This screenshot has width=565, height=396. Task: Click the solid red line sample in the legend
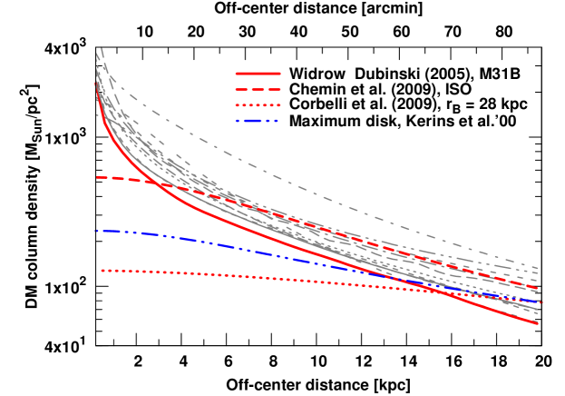tap(258, 74)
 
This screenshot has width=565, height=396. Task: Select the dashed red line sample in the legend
tap(258, 89)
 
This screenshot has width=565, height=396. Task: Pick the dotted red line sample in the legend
tap(258, 104)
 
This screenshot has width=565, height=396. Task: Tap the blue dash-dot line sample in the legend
tap(258, 120)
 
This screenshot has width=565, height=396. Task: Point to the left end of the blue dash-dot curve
tap(95, 231)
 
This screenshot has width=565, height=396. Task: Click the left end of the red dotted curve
tap(102, 270)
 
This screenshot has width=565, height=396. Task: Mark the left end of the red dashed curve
tap(96, 177)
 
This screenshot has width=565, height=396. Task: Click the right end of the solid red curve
tap(538, 322)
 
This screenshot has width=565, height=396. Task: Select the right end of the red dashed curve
tap(538, 289)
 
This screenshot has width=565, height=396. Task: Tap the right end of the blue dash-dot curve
tap(541, 302)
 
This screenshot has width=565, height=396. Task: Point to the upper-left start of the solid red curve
tap(95, 82)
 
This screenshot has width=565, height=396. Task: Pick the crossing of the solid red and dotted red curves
tap(444, 291)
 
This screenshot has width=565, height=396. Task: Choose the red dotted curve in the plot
tap(272, 279)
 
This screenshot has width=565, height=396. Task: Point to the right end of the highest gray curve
tap(538, 269)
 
